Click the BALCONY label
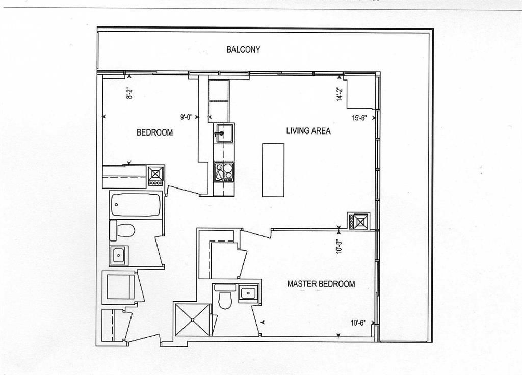tap(243, 50)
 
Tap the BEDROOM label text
tap(155, 132)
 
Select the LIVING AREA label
tap(308, 131)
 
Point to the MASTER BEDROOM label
tap(321, 284)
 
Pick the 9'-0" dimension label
tap(187, 117)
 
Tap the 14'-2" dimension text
tap(339, 94)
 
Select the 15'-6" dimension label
tap(359, 118)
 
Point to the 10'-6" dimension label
tap(358, 323)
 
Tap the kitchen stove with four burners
tap(224, 172)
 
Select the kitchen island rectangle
tap(273, 170)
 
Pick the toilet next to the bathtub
tap(122, 230)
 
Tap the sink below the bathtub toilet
tap(118, 256)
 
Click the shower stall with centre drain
tap(192, 319)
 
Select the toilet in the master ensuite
tap(225, 296)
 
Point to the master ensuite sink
tap(248, 293)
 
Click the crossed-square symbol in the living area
tap(358, 221)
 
